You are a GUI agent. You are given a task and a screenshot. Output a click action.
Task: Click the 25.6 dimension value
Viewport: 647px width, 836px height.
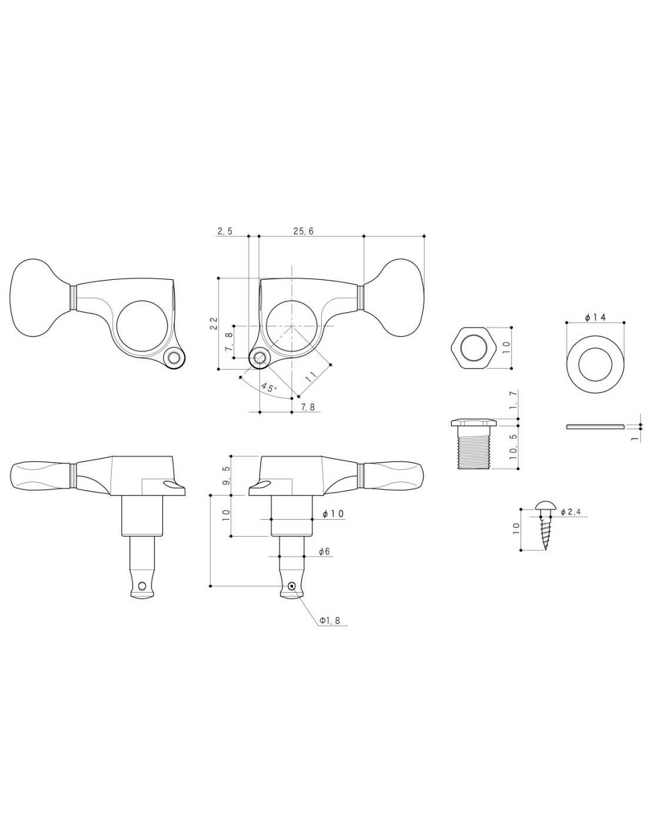pos(304,231)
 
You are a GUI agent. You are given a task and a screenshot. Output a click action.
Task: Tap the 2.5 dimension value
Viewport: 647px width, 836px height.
pos(225,231)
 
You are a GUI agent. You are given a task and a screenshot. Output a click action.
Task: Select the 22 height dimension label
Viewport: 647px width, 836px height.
pos(214,323)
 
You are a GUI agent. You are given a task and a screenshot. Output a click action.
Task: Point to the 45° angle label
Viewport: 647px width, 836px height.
pos(269,387)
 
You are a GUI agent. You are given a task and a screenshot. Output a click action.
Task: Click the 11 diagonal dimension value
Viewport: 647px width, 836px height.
pos(311,376)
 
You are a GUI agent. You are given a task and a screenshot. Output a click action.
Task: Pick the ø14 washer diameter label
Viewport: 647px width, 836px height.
pos(595,317)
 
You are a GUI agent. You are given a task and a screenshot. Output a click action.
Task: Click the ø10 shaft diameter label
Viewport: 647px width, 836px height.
pos(333,514)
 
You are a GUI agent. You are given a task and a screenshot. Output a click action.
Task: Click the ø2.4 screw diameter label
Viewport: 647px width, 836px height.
pos(573,511)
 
